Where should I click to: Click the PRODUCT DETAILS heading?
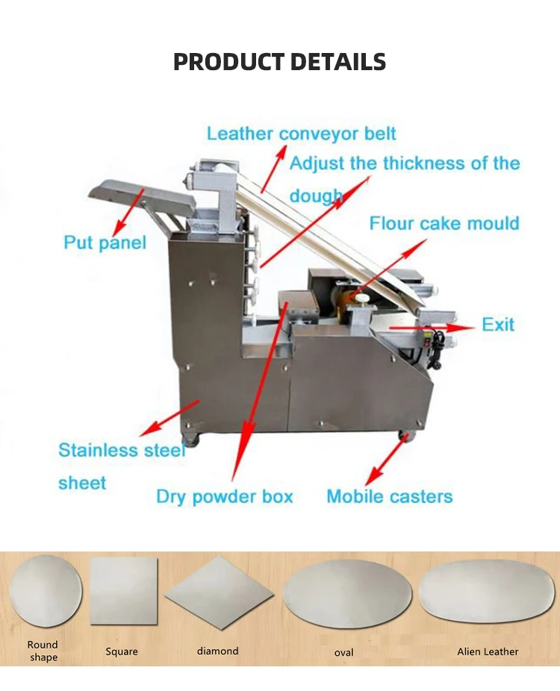coord(279,61)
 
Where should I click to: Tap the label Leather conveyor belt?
coord(301,134)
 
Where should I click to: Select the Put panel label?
coord(105,243)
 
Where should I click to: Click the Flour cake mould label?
coord(444,223)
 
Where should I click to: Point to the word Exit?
coord(498,325)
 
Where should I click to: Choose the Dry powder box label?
coord(224,496)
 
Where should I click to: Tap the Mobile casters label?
coord(389,496)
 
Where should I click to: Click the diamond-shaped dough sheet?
coord(217,593)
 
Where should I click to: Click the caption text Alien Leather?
coord(488,651)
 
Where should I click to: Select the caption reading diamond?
coord(217,651)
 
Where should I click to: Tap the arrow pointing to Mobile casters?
coord(387,460)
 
